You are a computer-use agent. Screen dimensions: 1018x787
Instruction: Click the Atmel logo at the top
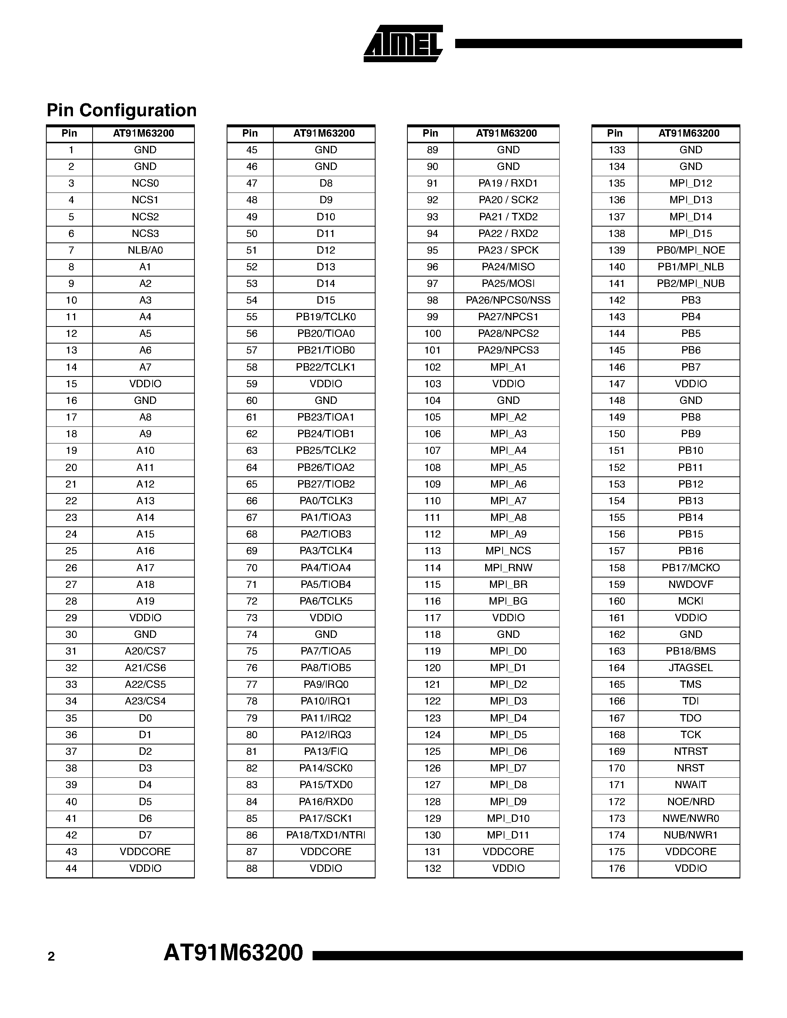coord(403,44)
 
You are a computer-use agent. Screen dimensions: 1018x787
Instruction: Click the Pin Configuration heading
coord(122,110)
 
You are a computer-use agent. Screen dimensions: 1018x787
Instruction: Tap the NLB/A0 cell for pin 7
coord(145,250)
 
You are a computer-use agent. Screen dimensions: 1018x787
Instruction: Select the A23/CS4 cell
coord(145,701)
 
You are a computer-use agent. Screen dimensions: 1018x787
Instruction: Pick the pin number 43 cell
coord(71,851)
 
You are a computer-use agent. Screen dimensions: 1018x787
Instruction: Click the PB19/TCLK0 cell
coord(326,317)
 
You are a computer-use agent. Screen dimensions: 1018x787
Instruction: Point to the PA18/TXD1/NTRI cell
coord(326,835)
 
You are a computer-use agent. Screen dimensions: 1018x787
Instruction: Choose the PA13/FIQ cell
coord(326,751)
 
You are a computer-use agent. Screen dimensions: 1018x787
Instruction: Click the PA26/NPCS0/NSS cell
coord(508,300)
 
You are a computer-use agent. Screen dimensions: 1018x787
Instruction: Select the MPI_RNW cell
coord(508,568)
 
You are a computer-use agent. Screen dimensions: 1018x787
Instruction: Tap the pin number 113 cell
coord(432,551)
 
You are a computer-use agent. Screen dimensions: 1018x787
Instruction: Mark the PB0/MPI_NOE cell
coord(690,250)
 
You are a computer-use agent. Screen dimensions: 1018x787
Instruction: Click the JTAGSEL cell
coord(690,667)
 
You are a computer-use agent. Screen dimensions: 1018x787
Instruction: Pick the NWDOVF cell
coord(690,585)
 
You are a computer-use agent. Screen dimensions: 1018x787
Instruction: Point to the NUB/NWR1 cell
coord(690,835)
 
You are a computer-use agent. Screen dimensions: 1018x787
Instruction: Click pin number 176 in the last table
coord(616,868)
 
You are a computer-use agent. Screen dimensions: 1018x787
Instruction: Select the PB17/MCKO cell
coord(690,568)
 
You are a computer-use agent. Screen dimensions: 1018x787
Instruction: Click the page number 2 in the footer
coord(51,957)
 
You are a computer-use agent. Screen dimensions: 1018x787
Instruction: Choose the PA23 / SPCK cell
coord(508,250)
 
